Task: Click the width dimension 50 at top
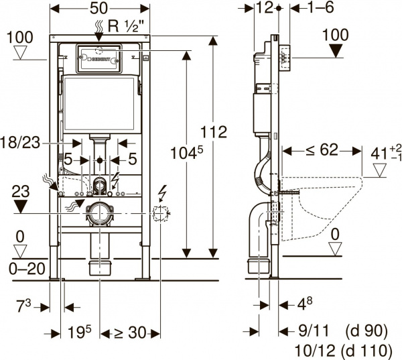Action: pos(99,9)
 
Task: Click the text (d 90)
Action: pos(366,331)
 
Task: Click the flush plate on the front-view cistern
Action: pos(99,58)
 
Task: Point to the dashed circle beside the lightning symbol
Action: pos(160,213)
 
